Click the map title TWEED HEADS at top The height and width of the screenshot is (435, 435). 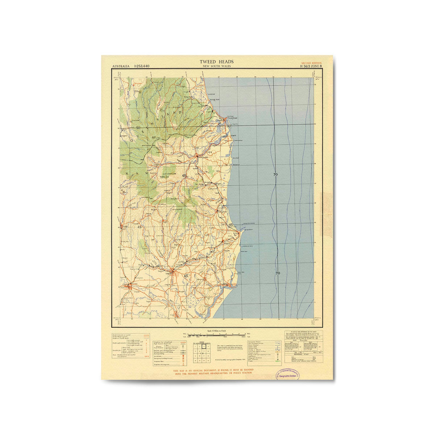217,62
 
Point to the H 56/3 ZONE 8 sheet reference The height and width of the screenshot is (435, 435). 311,66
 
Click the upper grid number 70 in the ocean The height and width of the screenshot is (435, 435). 275,175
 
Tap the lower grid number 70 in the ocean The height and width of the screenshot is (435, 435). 278,273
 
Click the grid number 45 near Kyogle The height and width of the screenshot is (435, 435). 139,227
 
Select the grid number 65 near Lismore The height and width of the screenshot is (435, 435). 186,276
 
